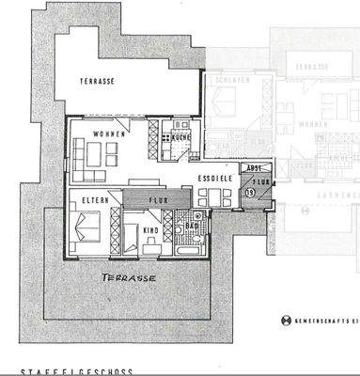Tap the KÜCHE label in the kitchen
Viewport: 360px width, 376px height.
pyautogui.click(x=180, y=139)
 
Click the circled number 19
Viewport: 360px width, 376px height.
pyautogui.click(x=250, y=192)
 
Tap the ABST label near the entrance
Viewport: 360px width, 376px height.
pyautogui.click(x=254, y=168)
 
